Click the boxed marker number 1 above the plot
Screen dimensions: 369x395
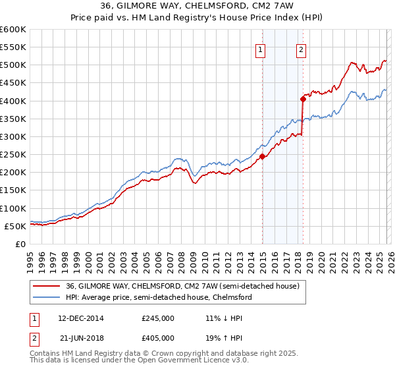point(261,49)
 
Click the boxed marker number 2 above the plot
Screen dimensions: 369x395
point(301,49)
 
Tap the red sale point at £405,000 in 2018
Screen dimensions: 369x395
point(303,99)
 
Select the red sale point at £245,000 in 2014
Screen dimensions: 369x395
point(262,156)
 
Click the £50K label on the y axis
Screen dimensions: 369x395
point(14,226)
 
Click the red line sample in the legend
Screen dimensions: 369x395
point(47,286)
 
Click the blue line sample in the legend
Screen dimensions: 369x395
point(47,297)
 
